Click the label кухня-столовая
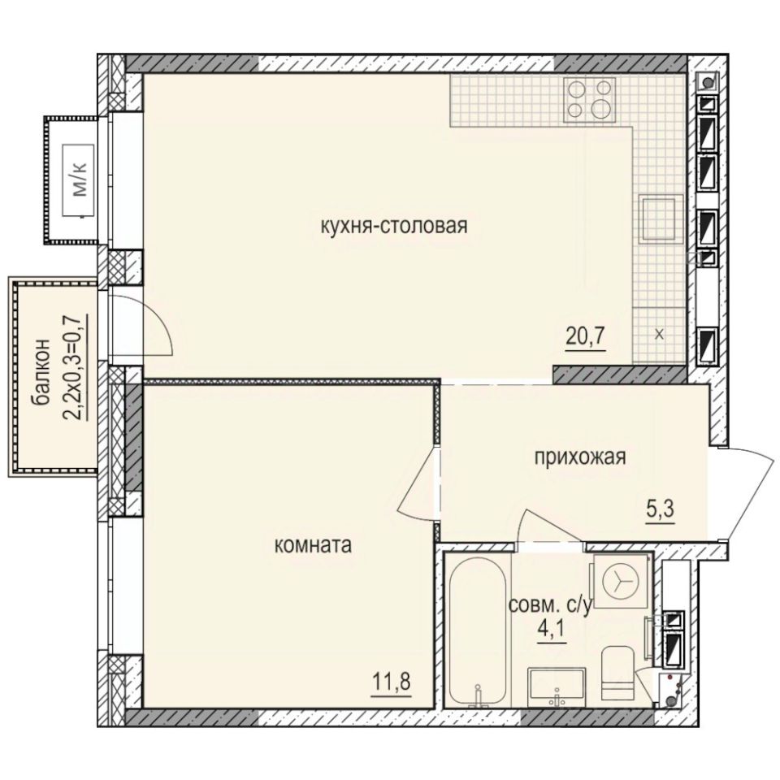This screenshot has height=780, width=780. click(x=394, y=225)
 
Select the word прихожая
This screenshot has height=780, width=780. click(x=579, y=457)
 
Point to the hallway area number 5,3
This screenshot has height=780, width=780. click(x=661, y=512)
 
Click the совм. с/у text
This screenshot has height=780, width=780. click(x=551, y=606)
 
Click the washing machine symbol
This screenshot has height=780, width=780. click(x=620, y=579)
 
